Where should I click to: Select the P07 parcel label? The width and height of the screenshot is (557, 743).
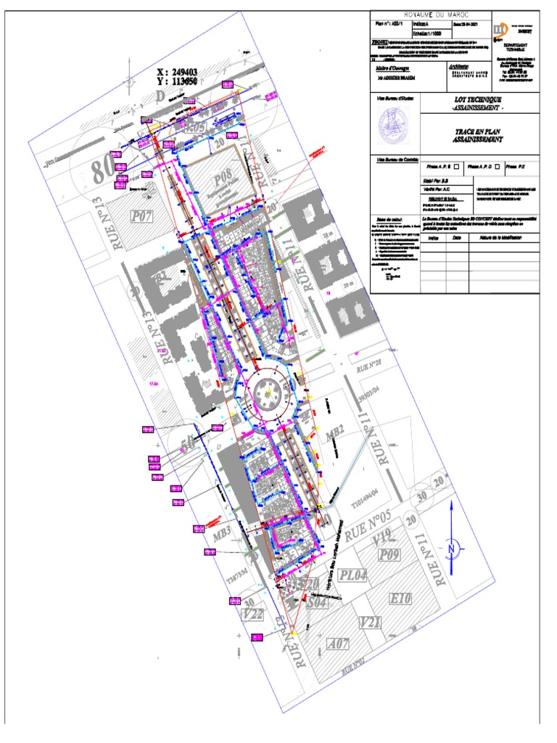pyautogui.click(x=141, y=215)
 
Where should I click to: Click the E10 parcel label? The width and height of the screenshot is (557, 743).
pyautogui.click(x=401, y=599)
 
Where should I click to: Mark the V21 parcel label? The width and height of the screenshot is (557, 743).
pyautogui.click(x=371, y=622)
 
